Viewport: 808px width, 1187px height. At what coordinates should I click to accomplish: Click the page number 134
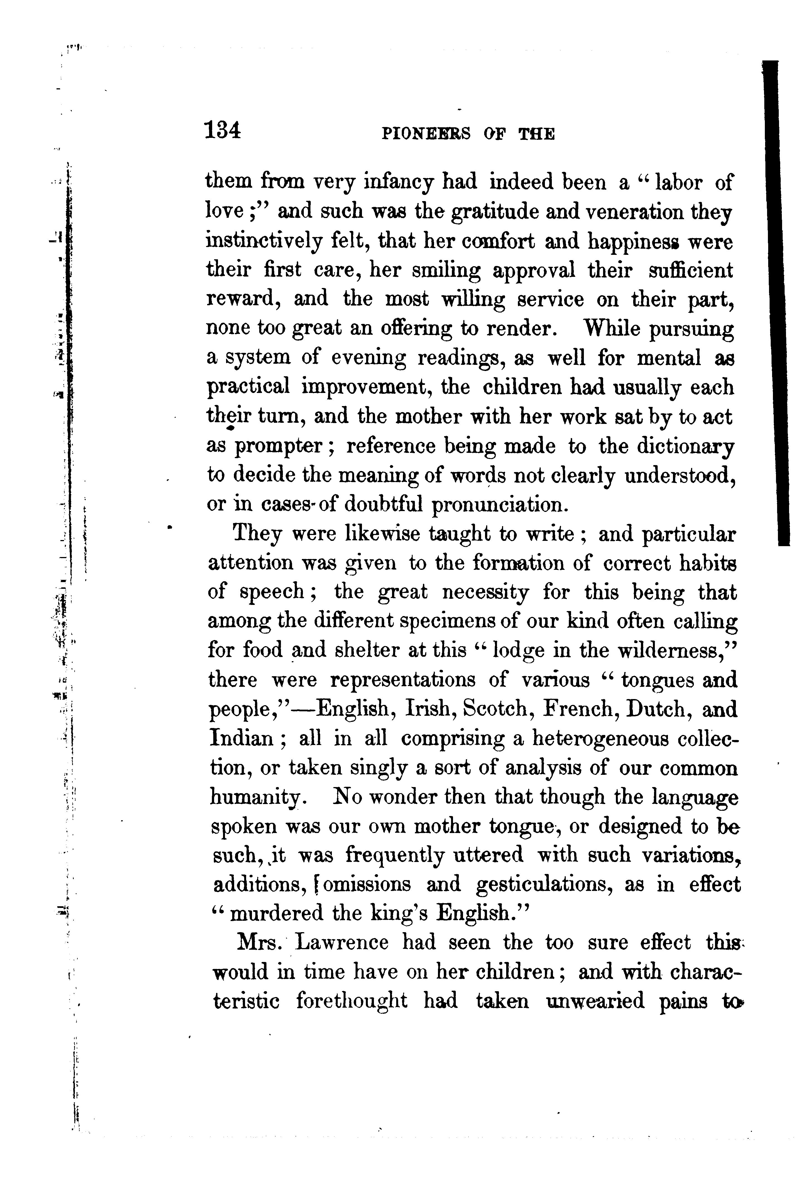pos(222,130)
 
